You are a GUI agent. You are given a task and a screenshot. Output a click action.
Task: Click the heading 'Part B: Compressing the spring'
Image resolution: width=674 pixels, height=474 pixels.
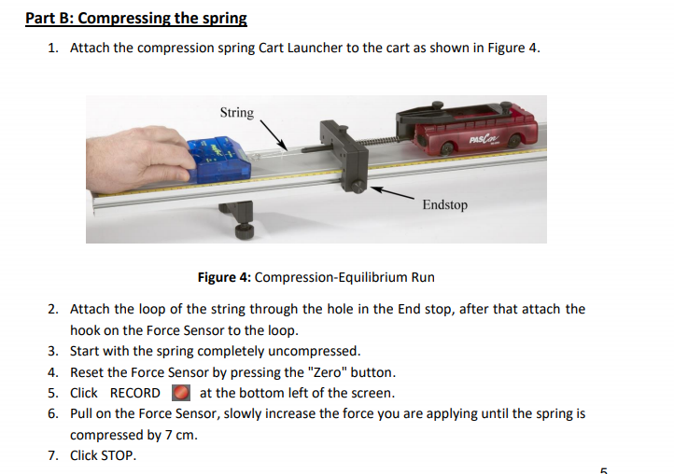coord(136,18)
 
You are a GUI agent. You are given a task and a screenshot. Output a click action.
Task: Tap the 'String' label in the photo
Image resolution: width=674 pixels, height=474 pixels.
coord(236,113)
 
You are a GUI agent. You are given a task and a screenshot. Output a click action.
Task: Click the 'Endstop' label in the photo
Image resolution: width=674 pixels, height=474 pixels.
coord(444,204)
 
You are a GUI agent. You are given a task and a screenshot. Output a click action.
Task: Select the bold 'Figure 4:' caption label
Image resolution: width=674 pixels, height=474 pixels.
coord(224,277)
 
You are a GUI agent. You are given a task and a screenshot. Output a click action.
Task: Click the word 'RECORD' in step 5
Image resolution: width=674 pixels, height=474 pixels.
coord(135,393)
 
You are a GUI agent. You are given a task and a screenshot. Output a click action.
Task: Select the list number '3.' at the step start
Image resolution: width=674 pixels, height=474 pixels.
coord(53,351)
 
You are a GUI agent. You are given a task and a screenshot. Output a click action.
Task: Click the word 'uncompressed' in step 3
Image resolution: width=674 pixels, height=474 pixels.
coord(316,351)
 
